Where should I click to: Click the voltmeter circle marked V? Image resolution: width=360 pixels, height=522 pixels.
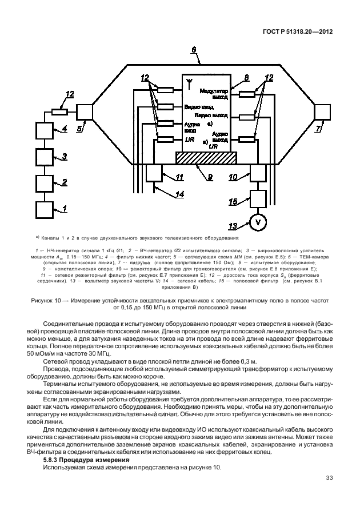(258, 222)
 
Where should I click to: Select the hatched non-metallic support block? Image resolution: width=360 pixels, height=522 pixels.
(206, 158)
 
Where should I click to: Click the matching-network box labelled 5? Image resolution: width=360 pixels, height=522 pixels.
(84, 111)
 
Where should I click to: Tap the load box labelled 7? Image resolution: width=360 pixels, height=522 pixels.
(322, 112)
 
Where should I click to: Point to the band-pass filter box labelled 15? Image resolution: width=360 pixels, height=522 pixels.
(258, 198)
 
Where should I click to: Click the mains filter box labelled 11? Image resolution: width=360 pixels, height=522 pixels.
(155, 173)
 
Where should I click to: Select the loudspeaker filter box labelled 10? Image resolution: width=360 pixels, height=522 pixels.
(258, 173)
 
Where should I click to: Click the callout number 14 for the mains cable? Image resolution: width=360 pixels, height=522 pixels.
(179, 195)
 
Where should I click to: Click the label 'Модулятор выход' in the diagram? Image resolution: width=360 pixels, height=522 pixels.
(214, 94)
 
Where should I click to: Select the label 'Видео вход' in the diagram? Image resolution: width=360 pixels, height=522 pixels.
(199, 107)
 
